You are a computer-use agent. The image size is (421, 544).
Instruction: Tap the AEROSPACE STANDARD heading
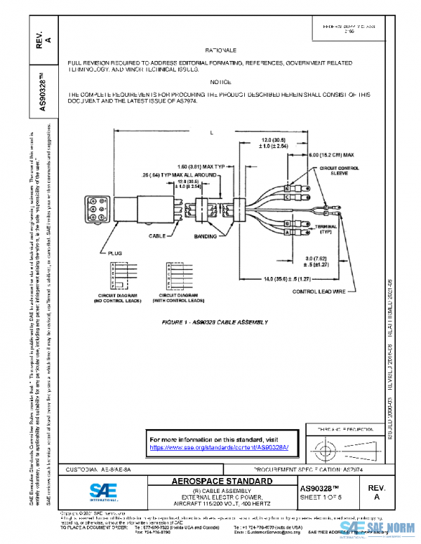coord(222,482)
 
